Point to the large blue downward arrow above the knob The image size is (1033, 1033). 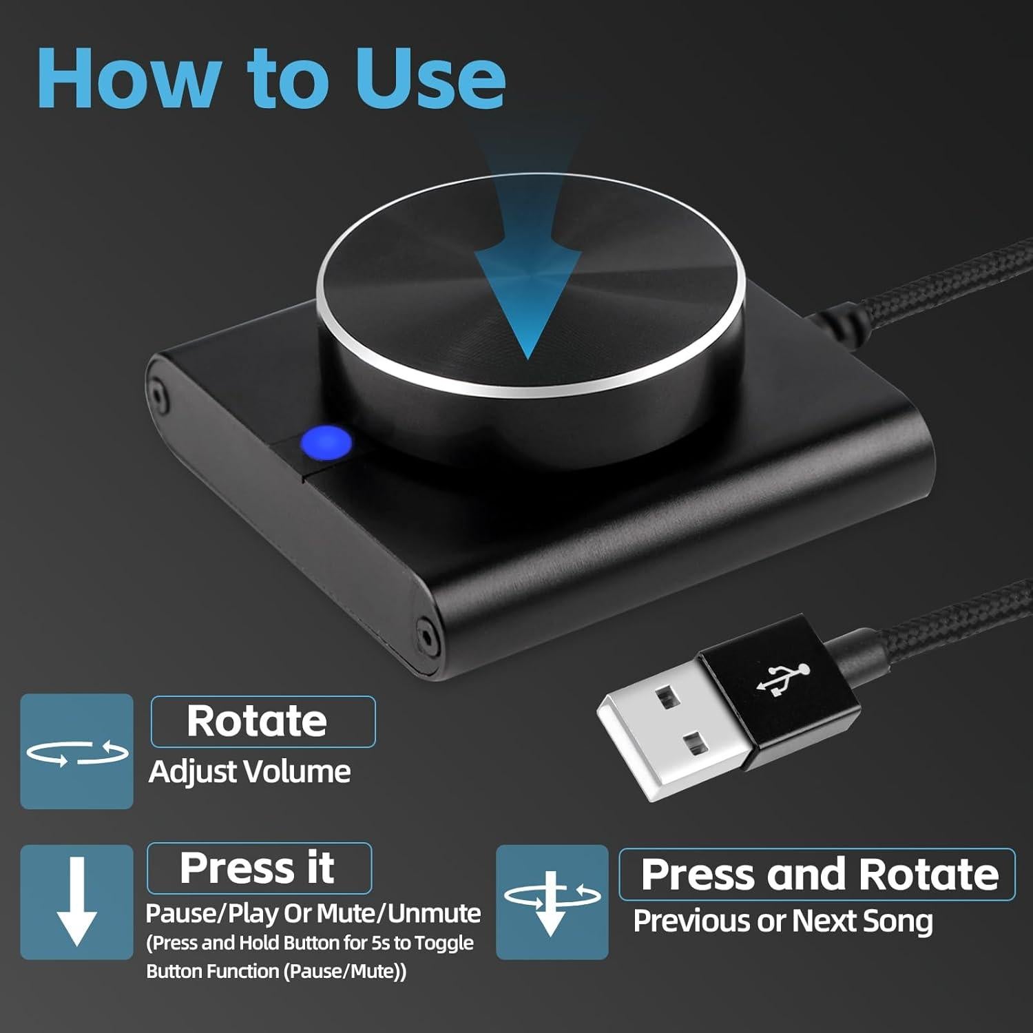coord(528,275)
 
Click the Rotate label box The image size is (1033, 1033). coord(262,721)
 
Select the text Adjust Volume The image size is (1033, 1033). coord(249,771)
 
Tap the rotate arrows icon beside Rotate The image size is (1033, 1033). coord(76,752)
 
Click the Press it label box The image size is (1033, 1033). coord(259,868)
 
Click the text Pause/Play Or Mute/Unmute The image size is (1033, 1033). coord(313,913)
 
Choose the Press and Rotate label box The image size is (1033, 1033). coord(817,875)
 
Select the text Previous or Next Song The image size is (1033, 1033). coord(782,921)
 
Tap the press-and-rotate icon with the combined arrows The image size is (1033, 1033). coord(552,901)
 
